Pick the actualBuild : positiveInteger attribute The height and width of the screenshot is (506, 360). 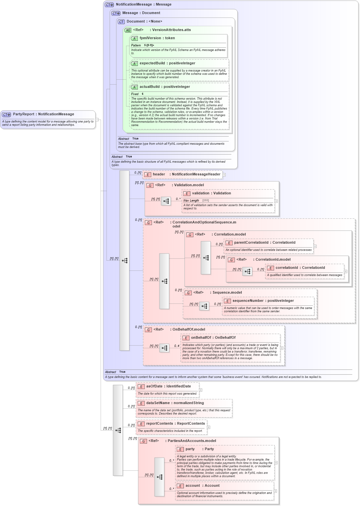pos(165,87)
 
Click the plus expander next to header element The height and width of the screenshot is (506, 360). pos(224,175)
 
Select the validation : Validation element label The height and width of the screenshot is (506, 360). pos(211,193)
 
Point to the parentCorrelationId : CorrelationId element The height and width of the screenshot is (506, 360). pos(265,243)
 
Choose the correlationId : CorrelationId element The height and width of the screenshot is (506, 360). pos(300,268)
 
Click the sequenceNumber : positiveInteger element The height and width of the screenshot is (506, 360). pos(263,301)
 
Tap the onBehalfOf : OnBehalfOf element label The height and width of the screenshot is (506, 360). pos(213,338)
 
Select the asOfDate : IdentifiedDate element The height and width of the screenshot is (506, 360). pos(168,386)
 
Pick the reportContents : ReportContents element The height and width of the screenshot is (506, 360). pos(175,424)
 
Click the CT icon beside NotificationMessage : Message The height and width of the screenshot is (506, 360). pos(109,5)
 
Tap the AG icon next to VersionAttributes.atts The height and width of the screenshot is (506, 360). pos(128,30)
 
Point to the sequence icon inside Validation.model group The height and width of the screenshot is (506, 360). pos(166,201)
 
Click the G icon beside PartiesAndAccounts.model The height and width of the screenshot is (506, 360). pos(143,441)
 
